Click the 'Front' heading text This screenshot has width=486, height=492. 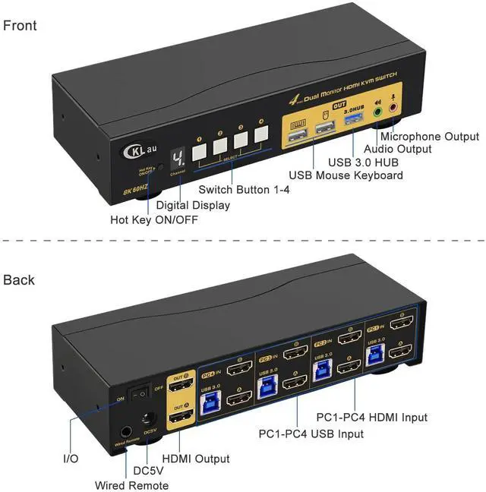pos(20,26)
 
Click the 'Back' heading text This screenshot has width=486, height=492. pos(19,280)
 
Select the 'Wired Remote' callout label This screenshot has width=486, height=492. pos(131,485)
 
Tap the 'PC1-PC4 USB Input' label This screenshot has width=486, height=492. pos(311,434)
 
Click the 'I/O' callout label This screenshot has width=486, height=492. pos(70,459)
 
